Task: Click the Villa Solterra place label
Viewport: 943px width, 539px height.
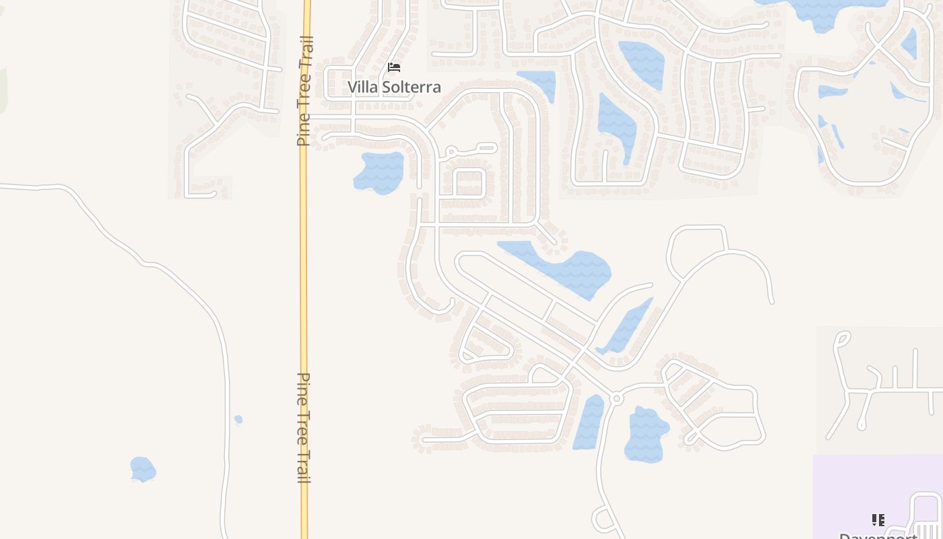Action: point(394,87)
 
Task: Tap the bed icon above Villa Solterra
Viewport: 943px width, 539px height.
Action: point(394,67)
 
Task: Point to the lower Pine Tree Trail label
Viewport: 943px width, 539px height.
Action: point(304,428)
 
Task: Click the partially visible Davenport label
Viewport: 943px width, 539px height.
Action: point(878,536)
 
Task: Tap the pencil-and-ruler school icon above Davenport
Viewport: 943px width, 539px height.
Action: point(878,519)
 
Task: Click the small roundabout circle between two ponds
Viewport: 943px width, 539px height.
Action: point(616,399)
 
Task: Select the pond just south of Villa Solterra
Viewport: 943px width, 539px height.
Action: point(379,172)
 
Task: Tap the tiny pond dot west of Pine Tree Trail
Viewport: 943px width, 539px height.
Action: point(238,420)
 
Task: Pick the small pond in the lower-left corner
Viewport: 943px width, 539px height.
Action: point(143,469)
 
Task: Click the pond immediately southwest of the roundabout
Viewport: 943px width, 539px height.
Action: point(589,423)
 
